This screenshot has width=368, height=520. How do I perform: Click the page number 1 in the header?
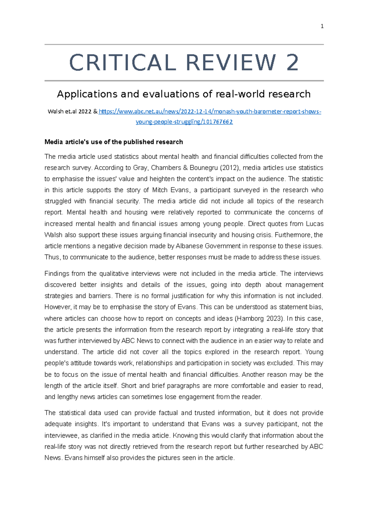click(322, 26)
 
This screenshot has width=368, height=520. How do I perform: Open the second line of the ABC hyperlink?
click(184, 122)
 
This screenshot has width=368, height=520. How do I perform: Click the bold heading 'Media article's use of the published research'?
click(113, 142)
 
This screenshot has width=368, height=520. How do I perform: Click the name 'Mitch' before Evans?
click(160, 190)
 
